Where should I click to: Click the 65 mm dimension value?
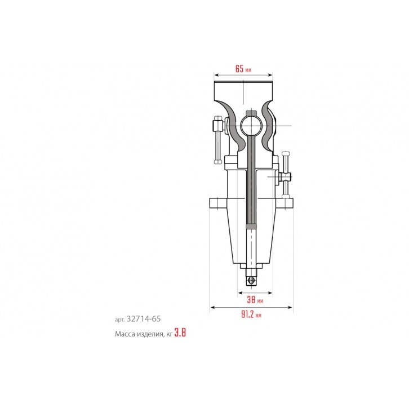243,69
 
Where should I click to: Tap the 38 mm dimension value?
255,300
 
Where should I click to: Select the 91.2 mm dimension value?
251,315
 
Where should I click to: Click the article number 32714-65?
144,318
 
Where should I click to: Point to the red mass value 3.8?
180,333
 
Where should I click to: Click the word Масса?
123,334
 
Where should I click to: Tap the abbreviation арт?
120,320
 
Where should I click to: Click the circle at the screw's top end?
251,126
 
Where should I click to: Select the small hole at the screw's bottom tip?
251,280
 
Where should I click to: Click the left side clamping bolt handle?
217,140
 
